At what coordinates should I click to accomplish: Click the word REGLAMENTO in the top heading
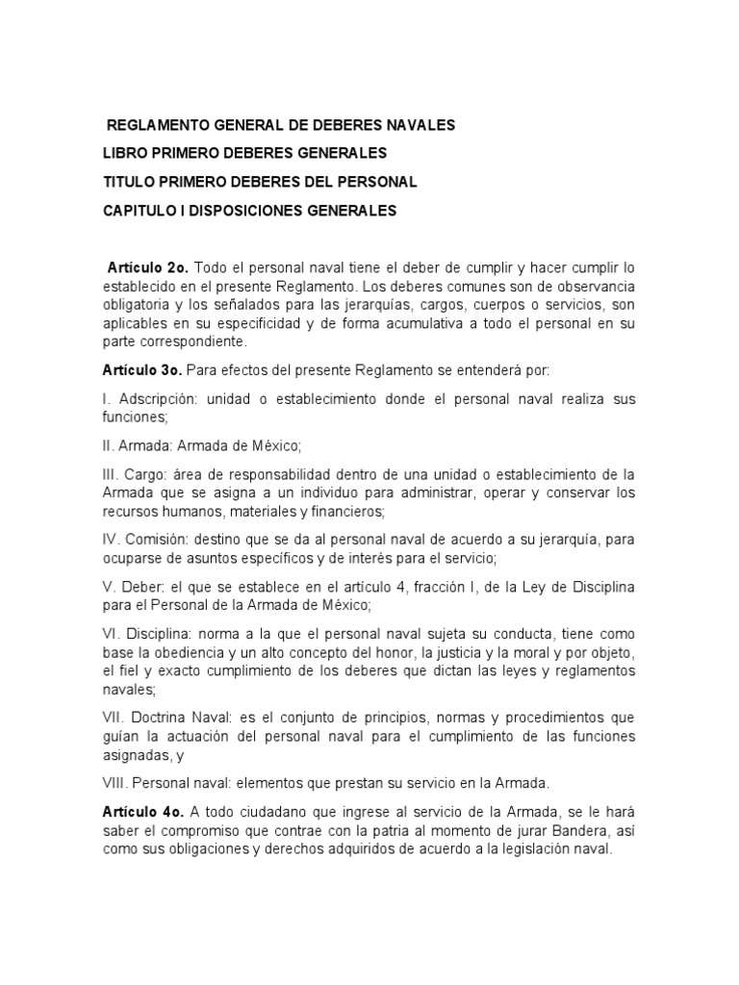[151, 126]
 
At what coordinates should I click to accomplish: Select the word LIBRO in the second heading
[124, 154]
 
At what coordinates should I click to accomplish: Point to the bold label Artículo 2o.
[146, 266]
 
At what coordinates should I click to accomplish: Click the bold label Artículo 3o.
[141, 369]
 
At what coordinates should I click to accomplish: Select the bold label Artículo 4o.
[141, 812]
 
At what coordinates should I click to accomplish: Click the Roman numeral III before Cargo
[110, 474]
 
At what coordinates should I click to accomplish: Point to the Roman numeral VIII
[115, 783]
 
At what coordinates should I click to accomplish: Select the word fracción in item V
[469, 587]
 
